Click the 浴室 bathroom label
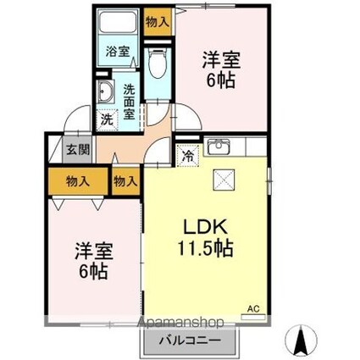pyautogui.click(x=118, y=51)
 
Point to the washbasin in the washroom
pyautogui.click(x=106, y=93)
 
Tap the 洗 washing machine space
pyautogui.click(x=107, y=119)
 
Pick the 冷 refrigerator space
pyautogui.click(x=187, y=155)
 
